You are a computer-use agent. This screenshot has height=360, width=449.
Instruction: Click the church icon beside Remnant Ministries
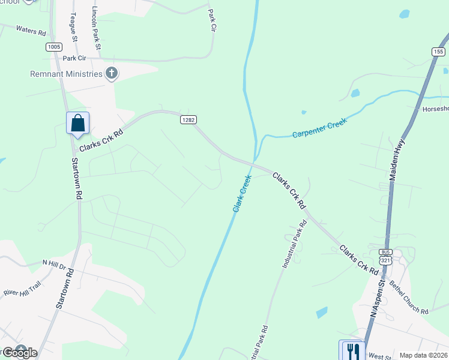(111, 74)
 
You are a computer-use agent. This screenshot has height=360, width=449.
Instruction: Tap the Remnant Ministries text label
(66, 74)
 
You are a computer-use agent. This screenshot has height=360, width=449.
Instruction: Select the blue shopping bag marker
(78, 124)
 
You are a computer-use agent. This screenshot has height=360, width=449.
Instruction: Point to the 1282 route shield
(188, 120)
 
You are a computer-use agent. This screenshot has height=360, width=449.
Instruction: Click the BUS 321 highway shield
(385, 257)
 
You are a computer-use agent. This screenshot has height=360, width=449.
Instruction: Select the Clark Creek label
(241, 193)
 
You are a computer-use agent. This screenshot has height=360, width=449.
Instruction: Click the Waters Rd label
(31, 30)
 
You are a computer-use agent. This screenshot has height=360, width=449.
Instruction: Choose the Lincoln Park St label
(96, 28)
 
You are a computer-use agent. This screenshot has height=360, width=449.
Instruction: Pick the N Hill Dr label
(57, 263)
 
